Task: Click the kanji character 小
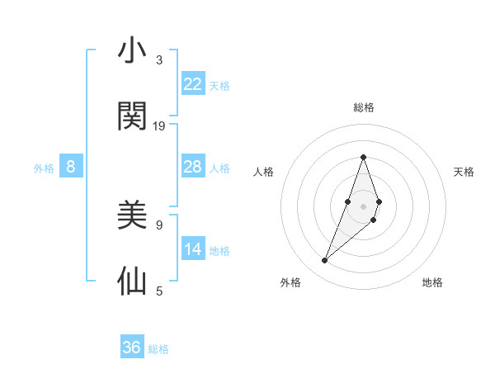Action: pos(132,51)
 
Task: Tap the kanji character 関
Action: pos(132,116)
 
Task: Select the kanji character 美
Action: pos(132,215)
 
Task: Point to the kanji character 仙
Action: pos(132,282)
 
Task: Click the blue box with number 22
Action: pos(193,84)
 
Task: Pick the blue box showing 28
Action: pos(193,167)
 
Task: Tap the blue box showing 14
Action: pos(193,249)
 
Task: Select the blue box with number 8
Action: pos(71,167)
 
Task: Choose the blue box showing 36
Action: pos(132,348)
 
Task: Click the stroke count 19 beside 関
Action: pos(159,126)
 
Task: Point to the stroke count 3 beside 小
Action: pos(159,60)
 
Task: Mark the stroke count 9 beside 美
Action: pos(159,225)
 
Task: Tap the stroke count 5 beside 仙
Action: pos(159,291)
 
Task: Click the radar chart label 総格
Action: pos(363,107)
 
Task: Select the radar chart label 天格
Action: pos(464,172)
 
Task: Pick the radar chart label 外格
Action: pos(290,283)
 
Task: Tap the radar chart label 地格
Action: pos(432,283)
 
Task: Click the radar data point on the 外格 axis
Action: pos(325,261)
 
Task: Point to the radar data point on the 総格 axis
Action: pos(363,157)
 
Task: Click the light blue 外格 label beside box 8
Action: pos(44,168)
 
